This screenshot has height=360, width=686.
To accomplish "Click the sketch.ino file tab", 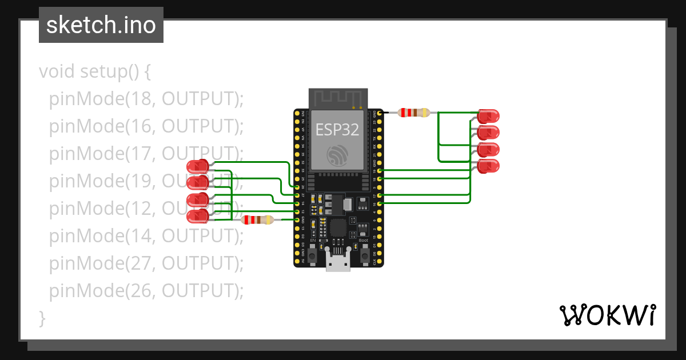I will [x=101, y=25].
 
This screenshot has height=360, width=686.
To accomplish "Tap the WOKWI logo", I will [x=607, y=315].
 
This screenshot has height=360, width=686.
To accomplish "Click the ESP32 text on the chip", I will [x=337, y=130].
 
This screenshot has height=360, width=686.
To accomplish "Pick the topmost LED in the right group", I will [x=488, y=116].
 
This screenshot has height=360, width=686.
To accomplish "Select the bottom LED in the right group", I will [x=488, y=167].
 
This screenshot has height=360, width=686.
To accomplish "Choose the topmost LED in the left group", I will [x=198, y=167].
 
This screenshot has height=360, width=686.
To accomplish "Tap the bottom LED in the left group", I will [x=198, y=217].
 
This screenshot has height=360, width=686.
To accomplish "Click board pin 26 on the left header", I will [x=297, y=186].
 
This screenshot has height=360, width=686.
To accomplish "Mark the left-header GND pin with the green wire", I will [x=297, y=219].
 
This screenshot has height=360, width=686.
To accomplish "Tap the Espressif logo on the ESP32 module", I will [x=337, y=155].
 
